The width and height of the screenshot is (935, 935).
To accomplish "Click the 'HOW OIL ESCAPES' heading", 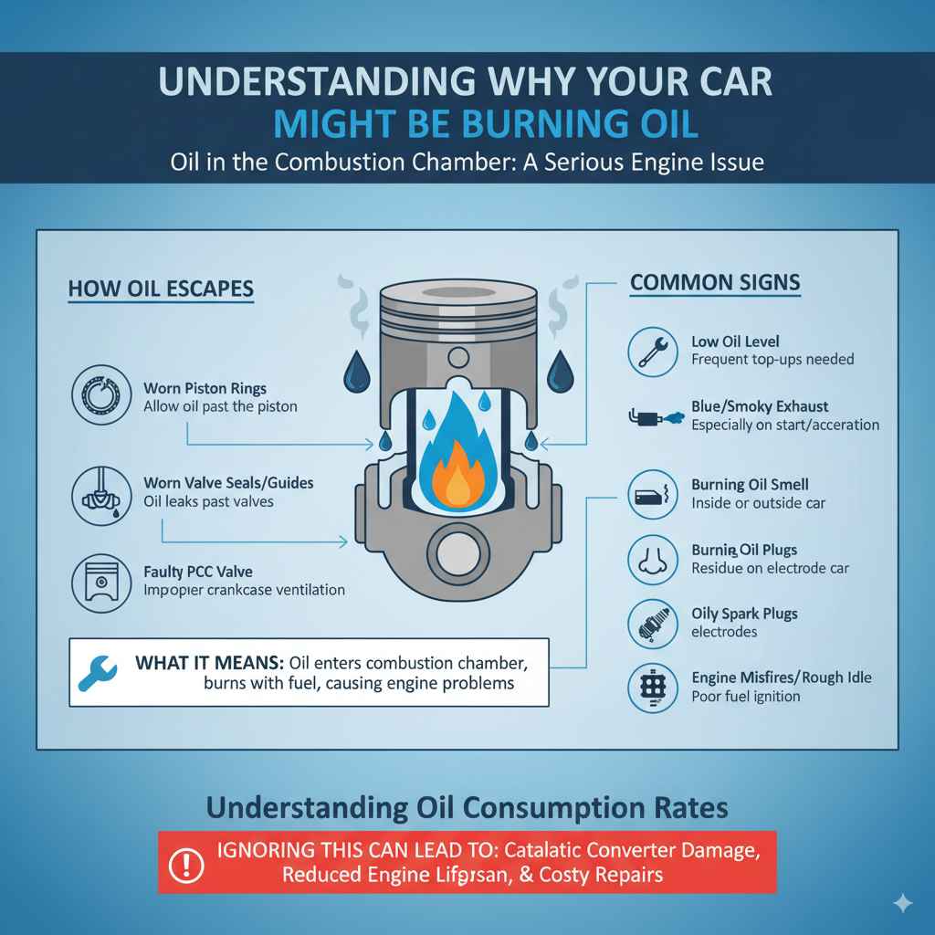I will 161,289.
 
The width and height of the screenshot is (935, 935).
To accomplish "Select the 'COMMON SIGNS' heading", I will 715,283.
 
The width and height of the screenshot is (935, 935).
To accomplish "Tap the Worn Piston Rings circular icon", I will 98,396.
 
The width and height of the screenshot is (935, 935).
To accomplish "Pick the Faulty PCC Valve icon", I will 98,581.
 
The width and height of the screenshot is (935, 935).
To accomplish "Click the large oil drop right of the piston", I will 559,373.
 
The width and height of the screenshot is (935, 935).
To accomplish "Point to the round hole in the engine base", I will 457,553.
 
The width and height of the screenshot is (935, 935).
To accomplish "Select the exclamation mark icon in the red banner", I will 187,862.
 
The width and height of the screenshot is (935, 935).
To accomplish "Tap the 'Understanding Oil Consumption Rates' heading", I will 467,807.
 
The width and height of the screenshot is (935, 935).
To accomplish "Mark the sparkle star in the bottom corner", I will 902,903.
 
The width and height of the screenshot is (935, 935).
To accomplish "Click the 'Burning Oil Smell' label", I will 750,485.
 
